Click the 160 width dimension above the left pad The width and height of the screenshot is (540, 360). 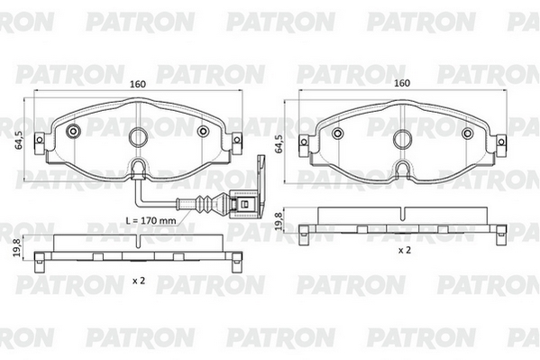pyautogui.click(x=138, y=84)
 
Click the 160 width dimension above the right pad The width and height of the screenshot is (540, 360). pyautogui.click(x=402, y=83)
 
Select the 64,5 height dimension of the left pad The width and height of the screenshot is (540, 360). pyautogui.click(x=19, y=139)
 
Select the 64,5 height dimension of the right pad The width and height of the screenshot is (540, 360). pyautogui.click(x=279, y=143)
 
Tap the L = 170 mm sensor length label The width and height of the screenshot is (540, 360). pyautogui.click(x=151, y=220)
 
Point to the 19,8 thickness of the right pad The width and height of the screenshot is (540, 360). pyautogui.click(x=279, y=221)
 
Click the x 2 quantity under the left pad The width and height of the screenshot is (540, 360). pyautogui.click(x=139, y=281)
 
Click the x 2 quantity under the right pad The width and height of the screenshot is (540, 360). pyautogui.click(x=405, y=250)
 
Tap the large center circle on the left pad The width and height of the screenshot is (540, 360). pyautogui.click(x=138, y=137)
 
